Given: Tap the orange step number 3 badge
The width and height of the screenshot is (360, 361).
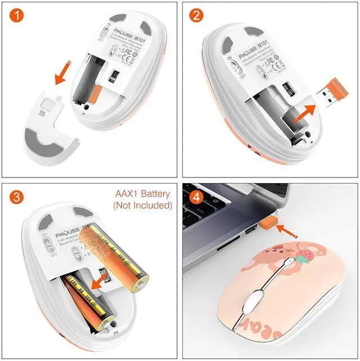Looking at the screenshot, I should [17, 198].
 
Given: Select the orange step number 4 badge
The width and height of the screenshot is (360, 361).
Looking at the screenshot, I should [196, 198].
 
